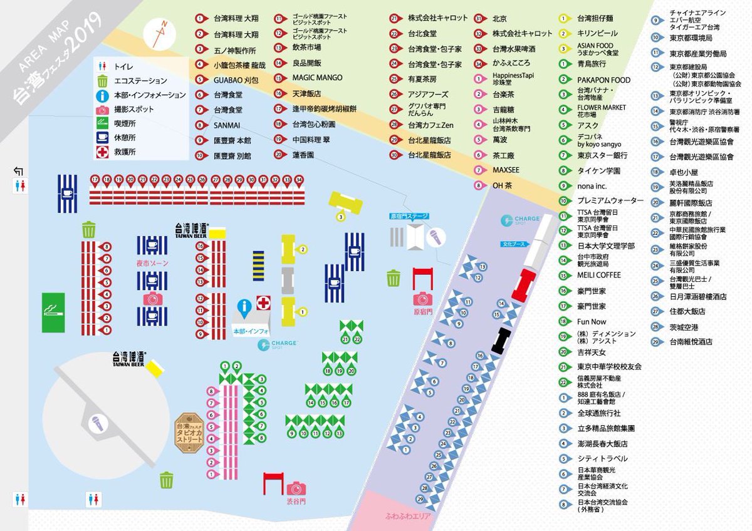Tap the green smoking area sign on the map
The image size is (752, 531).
tap(53, 312)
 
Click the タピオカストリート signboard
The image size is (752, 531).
tap(189, 428)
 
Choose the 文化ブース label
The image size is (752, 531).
tap(513, 243)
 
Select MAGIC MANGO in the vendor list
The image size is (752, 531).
tap(317, 78)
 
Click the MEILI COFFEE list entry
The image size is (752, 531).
tap(599, 275)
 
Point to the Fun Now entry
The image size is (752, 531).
tap(592, 321)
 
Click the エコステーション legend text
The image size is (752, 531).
tap(140, 81)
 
